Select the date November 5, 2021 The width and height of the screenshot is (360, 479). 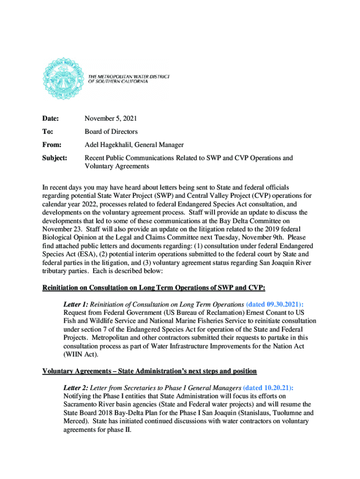pos(111,119)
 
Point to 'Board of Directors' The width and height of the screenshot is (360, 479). pos(111,132)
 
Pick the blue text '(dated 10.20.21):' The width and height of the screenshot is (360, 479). pos(269,388)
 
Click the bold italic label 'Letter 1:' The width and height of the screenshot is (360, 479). pos(76,304)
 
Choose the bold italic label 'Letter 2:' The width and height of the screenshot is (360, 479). pos(76,388)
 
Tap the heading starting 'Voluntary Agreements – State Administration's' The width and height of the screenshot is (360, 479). pos(150,371)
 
